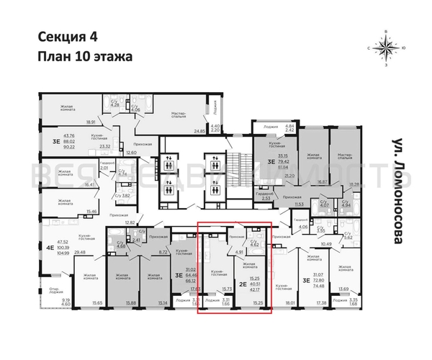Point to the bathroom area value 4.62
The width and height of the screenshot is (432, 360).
(253, 244)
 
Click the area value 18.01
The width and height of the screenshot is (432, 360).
(291, 303)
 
